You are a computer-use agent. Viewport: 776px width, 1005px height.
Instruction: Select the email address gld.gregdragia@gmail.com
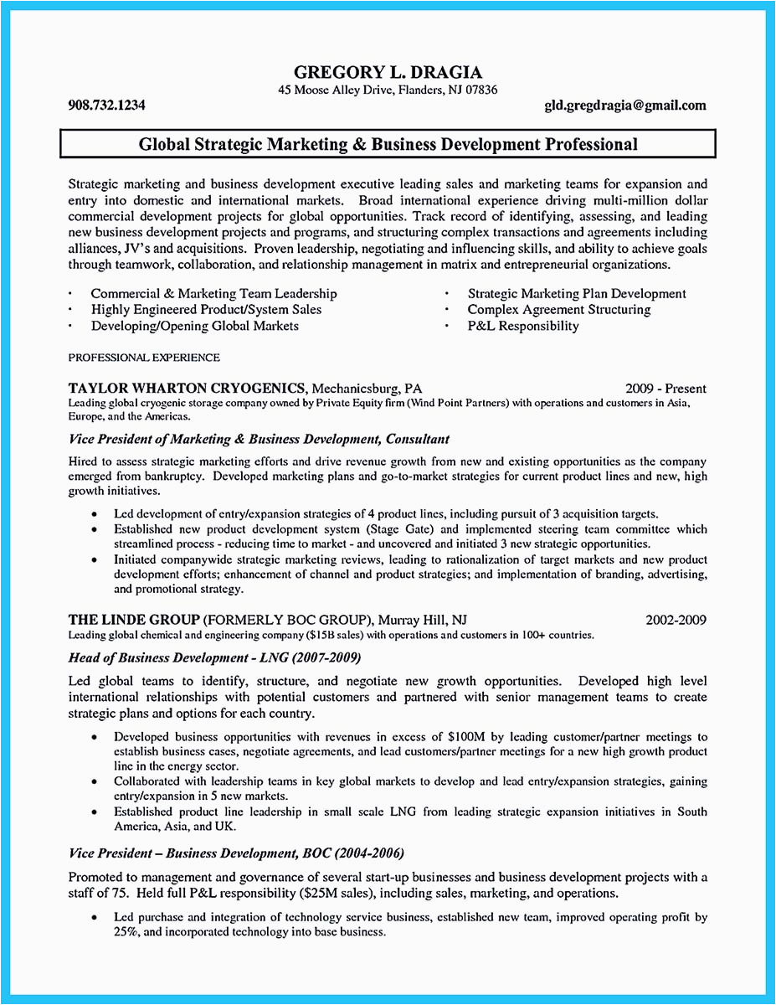(624, 106)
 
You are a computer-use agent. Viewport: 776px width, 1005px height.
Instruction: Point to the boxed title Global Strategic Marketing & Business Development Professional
(388, 145)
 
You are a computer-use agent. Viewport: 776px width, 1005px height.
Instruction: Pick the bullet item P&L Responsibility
(522, 326)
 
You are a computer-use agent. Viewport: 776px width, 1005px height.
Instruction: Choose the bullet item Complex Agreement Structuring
(558, 309)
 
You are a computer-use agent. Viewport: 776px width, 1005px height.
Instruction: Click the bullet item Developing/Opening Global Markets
(194, 326)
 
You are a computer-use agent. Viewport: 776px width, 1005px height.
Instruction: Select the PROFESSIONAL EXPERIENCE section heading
(144, 358)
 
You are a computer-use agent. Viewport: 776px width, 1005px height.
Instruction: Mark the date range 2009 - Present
(666, 389)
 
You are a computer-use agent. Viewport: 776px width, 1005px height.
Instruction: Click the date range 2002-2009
(676, 621)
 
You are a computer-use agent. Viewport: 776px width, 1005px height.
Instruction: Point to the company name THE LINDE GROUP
(134, 621)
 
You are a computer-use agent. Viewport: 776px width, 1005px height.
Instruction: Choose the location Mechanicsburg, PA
(367, 389)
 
